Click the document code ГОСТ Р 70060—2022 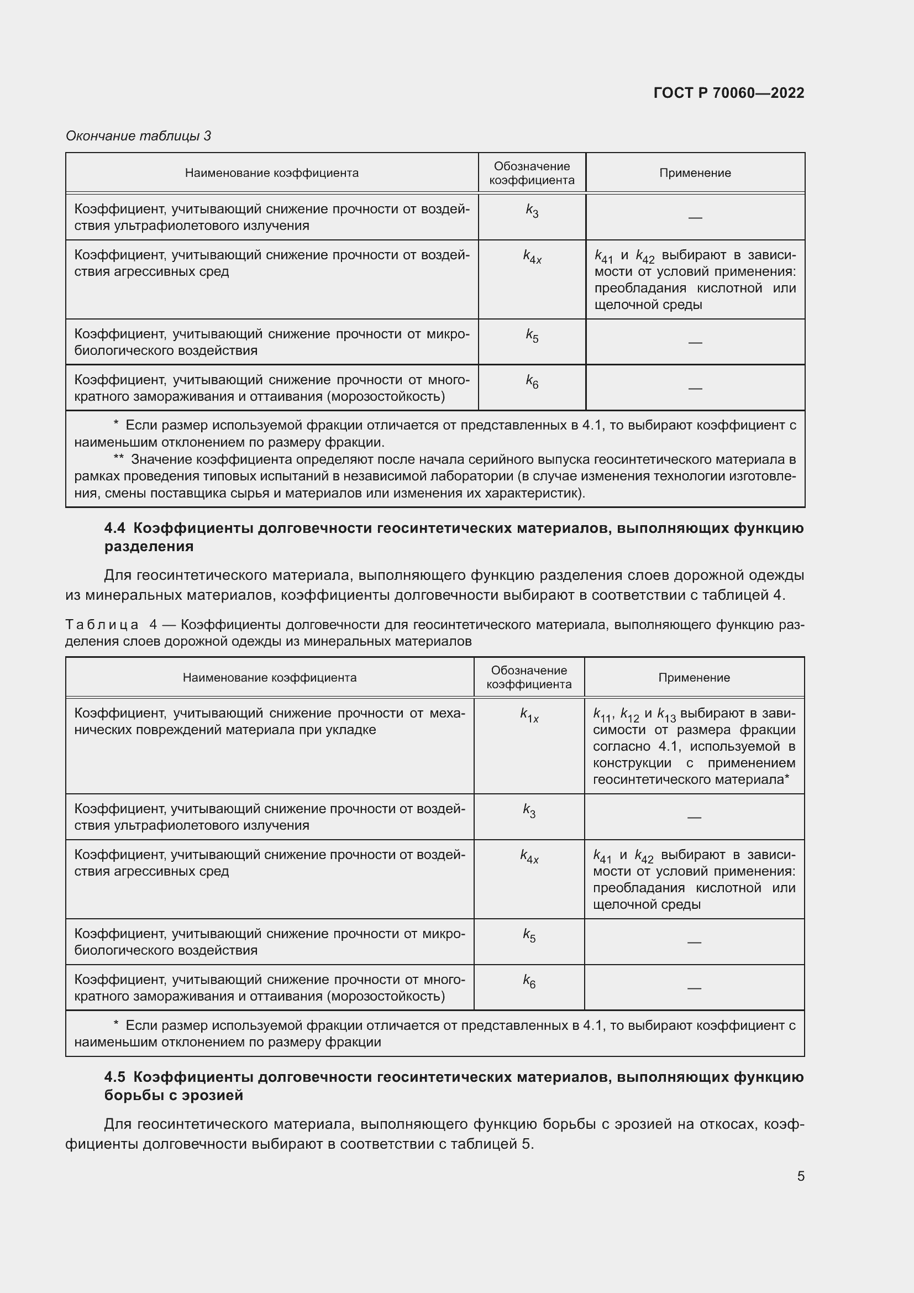[728, 93]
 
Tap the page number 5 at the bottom [800, 1176]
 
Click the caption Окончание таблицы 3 [139, 136]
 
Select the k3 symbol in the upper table [532, 211]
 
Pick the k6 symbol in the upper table [532, 382]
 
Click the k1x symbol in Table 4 [529, 715]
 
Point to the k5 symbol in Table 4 [529, 935]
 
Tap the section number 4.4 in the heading [115, 528]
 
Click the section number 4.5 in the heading [115, 1077]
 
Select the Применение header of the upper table [695, 173]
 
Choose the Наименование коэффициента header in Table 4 [270, 678]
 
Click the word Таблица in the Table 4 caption [102, 625]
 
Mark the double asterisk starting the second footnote [118, 459]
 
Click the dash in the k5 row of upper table [695, 342]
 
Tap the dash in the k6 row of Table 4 [694, 988]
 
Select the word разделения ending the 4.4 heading [149, 546]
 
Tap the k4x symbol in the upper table [532, 257]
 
